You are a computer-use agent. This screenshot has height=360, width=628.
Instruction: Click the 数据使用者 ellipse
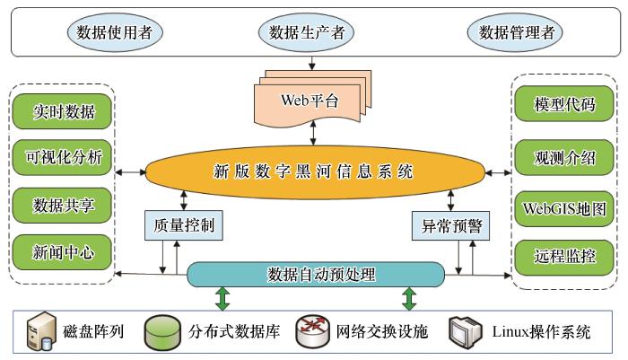coord(115,32)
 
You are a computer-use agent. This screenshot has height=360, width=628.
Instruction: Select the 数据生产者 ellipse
coord(307,32)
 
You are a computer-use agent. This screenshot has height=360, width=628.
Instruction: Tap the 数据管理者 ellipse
coord(515,32)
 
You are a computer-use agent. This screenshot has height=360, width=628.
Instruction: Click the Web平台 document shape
coord(313,98)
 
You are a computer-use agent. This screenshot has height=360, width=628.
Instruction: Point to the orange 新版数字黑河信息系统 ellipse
coord(315,172)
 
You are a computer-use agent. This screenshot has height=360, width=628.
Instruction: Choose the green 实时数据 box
coord(62,111)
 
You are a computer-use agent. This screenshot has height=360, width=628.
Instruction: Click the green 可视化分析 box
coord(62,157)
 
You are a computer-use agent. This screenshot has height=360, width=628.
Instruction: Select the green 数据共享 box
coord(62,206)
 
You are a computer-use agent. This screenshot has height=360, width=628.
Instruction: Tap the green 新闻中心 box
coord(62,252)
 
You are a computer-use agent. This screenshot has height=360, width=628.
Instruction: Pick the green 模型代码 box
coord(564,104)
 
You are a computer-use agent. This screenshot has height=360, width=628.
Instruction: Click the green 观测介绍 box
coord(564,157)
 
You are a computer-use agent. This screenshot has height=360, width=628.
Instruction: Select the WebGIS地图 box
coord(564,209)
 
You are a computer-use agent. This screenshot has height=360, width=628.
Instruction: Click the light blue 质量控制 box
coord(183,225)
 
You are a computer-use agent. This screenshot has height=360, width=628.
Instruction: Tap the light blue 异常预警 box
coord(450,225)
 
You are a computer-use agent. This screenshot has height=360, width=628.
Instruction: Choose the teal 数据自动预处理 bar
coord(316,275)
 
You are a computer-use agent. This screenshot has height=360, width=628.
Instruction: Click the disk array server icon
coord(41,331)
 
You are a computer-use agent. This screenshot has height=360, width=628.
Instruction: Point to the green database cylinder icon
coord(162,332)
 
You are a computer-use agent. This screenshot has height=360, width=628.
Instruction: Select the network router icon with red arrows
coord(312,331)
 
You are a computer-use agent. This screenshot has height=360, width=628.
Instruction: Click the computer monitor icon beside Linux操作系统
coord(465,332)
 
